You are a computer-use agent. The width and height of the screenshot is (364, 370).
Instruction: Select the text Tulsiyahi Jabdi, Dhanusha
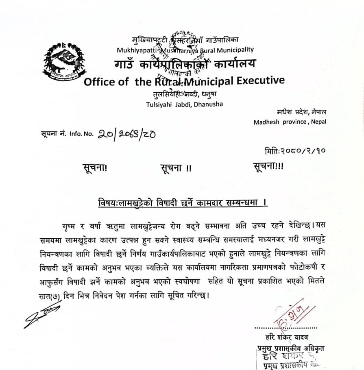184,104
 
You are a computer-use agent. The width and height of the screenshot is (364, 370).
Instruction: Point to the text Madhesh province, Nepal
290,122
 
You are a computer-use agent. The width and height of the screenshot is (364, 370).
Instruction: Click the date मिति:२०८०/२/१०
295,151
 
